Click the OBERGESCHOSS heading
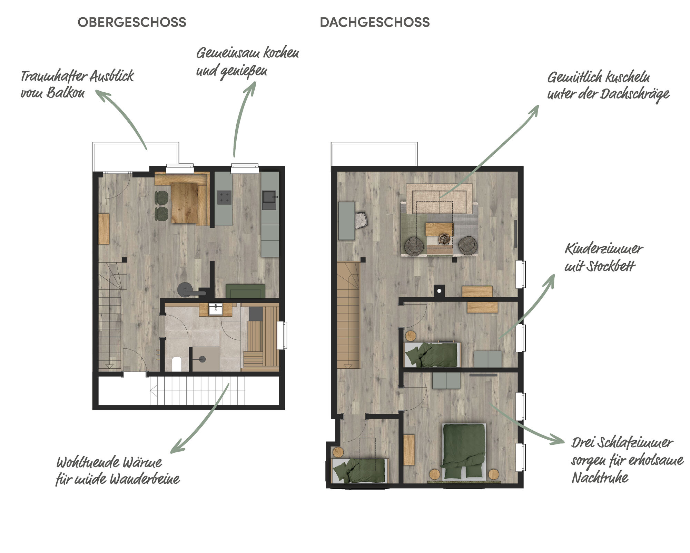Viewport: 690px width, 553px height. (132, 22)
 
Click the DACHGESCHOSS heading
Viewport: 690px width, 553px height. (375, 22)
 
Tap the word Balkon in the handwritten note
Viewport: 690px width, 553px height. (66, 93)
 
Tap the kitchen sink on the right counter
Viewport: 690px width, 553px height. (269, 200)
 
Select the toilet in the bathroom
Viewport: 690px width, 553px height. (177, 364)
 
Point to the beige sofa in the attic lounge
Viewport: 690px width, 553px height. (439, 198)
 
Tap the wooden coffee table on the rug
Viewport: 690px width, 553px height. (439, 229)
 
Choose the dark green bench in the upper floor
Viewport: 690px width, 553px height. (245, 291)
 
